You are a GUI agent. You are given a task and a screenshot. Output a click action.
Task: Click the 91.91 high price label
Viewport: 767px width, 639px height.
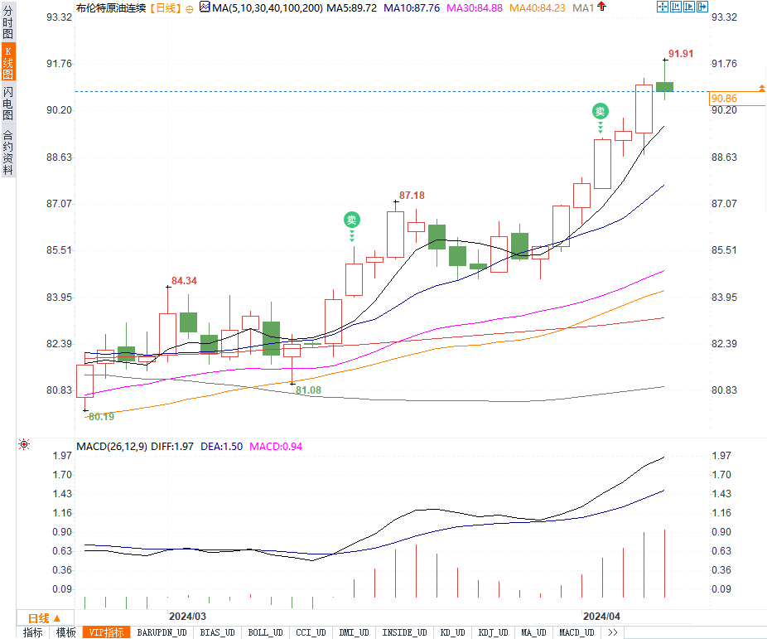(680, 53)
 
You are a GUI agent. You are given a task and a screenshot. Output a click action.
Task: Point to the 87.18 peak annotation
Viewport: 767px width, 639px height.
(412, 196)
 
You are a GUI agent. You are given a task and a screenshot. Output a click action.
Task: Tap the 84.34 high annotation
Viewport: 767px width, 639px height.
(184, 281)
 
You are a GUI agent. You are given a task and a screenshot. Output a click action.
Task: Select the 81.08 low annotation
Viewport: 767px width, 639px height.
(308, 390)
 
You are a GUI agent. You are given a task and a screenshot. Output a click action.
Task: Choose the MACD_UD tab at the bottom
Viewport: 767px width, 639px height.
(576, 632)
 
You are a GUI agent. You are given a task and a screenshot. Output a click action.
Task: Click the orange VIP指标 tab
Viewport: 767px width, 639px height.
(108, 632)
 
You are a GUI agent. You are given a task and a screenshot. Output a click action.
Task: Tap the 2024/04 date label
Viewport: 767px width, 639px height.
(601, 617)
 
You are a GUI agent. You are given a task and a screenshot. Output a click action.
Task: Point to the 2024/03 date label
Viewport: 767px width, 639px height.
(187, 617)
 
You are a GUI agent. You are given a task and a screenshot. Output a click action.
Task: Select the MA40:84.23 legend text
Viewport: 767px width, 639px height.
(538, 7)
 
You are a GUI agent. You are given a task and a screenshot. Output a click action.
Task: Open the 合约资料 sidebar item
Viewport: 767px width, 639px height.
(7, 152)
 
